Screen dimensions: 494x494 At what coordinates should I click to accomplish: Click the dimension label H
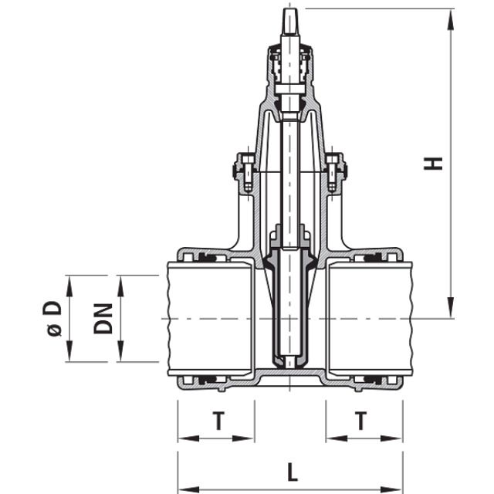[x=436, y=163]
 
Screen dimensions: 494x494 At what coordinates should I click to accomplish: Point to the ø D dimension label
[x=53, y=318]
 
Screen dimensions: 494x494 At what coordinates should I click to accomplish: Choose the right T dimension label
[x=360, y=421]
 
